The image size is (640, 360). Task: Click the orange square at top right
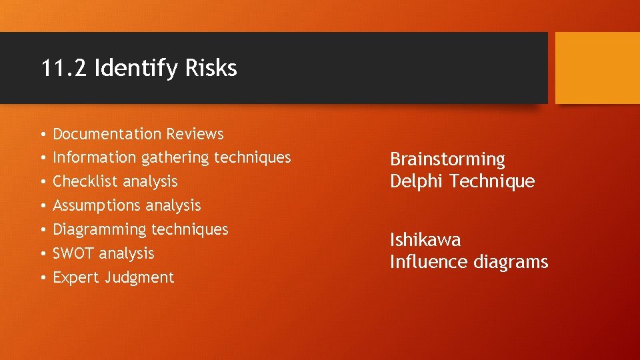pos(597,68)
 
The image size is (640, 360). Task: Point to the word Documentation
pos(107,134)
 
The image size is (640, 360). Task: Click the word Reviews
pos(195,134)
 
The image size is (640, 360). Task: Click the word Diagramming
pos(99,230)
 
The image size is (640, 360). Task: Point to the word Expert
pos(76,278)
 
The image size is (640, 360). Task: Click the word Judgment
pos(139,278)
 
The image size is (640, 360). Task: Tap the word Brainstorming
pos(447,160)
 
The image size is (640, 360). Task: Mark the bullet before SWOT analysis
pos(42,254)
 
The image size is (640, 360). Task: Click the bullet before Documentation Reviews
pos(42,135)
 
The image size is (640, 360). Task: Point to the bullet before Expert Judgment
pos(42,278)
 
